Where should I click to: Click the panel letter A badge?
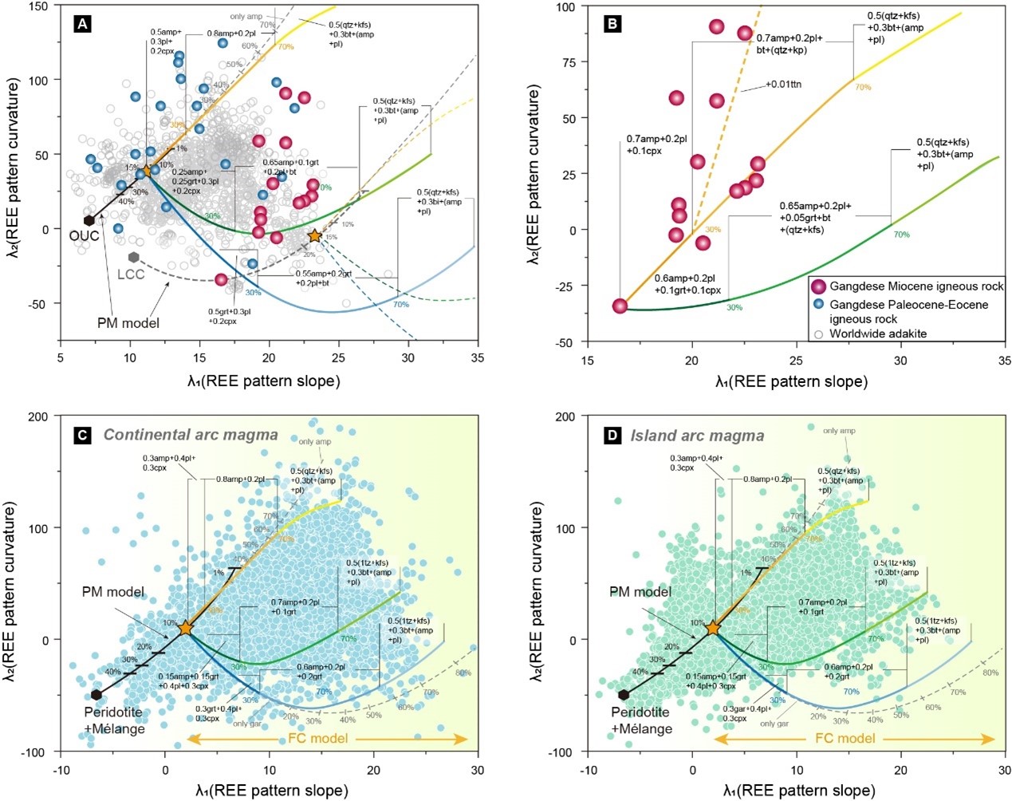click(81, 24)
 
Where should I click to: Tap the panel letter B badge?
click(613, 24)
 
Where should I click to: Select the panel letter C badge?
click(82, 435)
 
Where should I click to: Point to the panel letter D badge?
click(612, 436)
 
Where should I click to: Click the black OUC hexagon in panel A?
click(89, 220)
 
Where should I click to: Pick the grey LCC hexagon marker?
click(134, 257)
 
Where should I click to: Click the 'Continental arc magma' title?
click(191, 435)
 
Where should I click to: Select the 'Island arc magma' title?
click(697, 436)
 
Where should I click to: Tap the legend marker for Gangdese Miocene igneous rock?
click(818, 286)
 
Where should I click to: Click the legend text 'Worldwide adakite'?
click(878, 333)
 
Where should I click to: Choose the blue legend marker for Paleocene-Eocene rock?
click(818, 305)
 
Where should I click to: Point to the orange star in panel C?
click(186, 628)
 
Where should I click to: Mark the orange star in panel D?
click(713, 628)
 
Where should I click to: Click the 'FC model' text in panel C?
click(318, 739)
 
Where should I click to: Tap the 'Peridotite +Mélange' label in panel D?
click(642, 720)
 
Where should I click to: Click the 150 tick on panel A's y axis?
click(38, 6)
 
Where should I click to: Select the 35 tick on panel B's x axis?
click(1005, 360)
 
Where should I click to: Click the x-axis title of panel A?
click(263, 381)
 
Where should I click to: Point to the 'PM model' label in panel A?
click(128, 323)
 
